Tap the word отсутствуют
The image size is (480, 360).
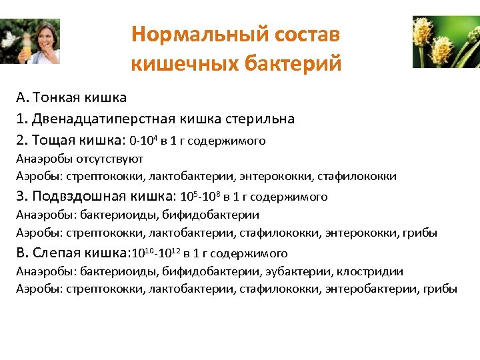pos(106,159)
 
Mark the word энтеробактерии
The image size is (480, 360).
pos(371,289)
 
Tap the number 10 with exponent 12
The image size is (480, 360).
pos(169,253)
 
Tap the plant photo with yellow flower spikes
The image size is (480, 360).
pos(446,41)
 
